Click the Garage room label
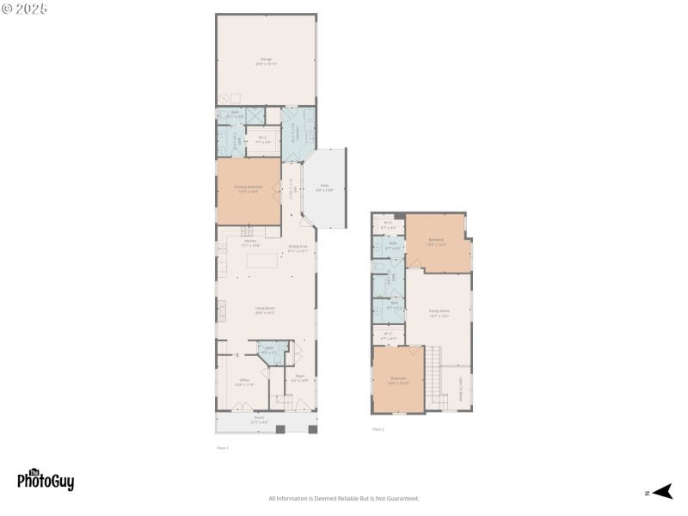click(x=266, y=61)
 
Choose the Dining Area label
click(x=298, y=249)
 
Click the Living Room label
click(x=265, y=310)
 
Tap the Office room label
click(x=244, y=381)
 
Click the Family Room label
click(x=439, y=313)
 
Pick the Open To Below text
click(x=460, y=384)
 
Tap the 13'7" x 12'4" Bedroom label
click(x=437, y=242)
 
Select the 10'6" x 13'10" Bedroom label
click(x=398, y=380)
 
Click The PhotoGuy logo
click(x=46, y=480)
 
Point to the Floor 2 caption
click(x=378, y=428)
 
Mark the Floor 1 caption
click(x=222, y=447)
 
